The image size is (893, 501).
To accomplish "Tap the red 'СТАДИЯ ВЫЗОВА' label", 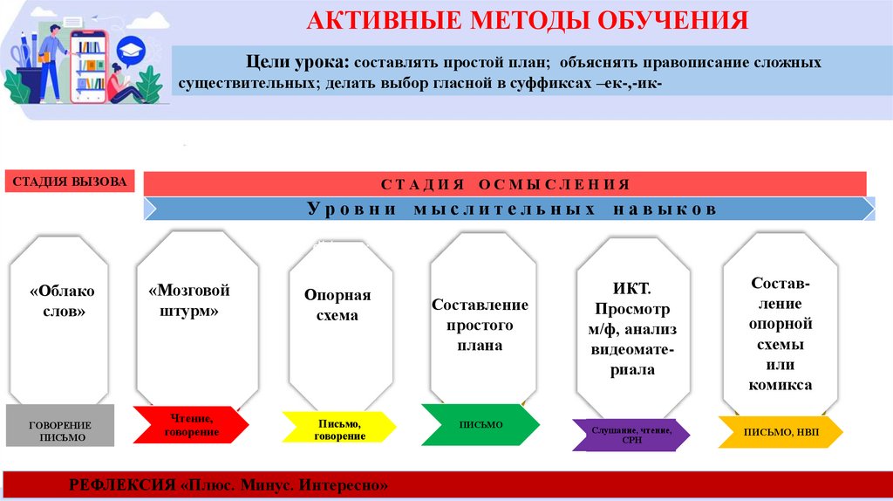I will tap(70, 182).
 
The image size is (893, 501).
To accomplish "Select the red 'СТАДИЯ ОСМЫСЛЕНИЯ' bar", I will tap(504, 184).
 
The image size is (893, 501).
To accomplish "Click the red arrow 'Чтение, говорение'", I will tap(190, 426).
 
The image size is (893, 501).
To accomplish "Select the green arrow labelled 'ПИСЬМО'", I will tap(481, 424).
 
